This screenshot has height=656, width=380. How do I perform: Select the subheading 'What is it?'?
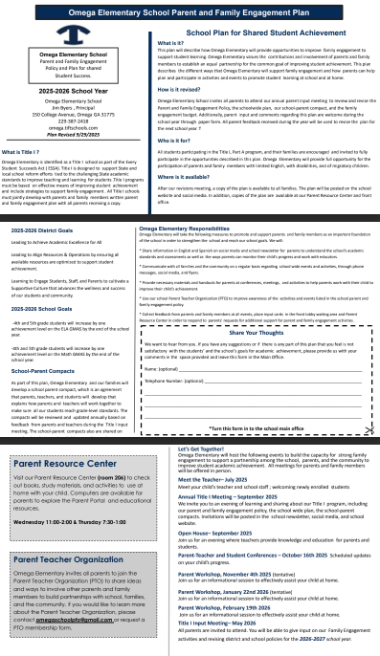click(170, 43)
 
